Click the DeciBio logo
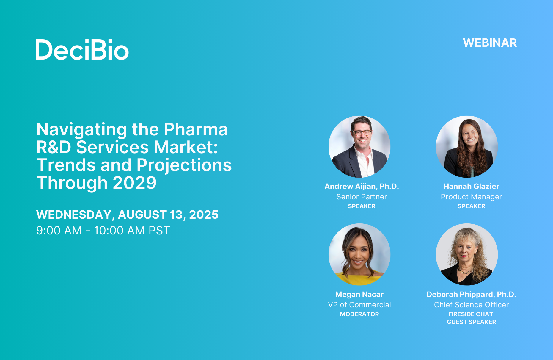tap(82, 50)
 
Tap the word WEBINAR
tap(490, 43)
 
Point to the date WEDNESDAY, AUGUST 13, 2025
tap(127, 215)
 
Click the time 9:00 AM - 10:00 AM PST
tap(103, 231)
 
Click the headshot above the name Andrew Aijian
tap(359, 147)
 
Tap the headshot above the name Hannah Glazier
tap(467, 147)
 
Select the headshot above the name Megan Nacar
tap(359, 254)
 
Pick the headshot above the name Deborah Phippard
tap(467, 254)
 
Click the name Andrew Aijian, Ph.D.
tap(362, 187)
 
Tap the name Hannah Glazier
tap(471, 187)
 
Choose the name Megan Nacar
tap(359, 295)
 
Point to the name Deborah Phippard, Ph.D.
tap(471, 295)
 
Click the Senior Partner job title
tap(362, 197)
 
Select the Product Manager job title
tap(471, 197)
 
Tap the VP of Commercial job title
tap(359, 305)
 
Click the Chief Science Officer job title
tap(471, 305)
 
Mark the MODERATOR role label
tap(359, 314)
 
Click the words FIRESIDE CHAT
tap(471, 314)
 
